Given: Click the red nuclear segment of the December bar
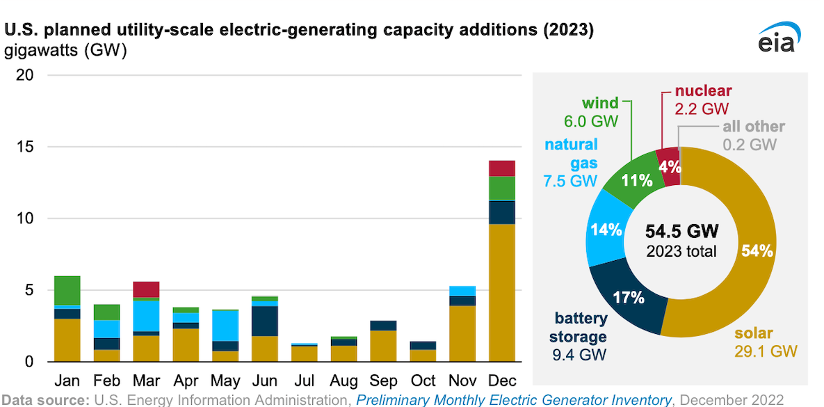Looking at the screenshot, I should pyautogui.click(x=501, y=168).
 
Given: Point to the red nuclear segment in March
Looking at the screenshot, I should pyautogui.click(x=146, y=289).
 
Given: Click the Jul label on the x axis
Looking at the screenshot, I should pyautogui.click(x=304, y=381).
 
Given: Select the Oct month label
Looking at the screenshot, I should pyautogui.click(x=423, y=381).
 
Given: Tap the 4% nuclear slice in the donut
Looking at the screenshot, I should pyautogui.click(x=669, y=167).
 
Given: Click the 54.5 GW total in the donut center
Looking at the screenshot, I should pyautogui.click(x=681, y=231).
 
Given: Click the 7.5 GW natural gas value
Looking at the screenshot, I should pyautogui.click(x=570, y=181).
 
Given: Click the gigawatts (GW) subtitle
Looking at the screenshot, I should pyautogui.click(x=66, y=51).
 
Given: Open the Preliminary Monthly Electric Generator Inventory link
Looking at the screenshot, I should pyautogui.click(x=514, y=400).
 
